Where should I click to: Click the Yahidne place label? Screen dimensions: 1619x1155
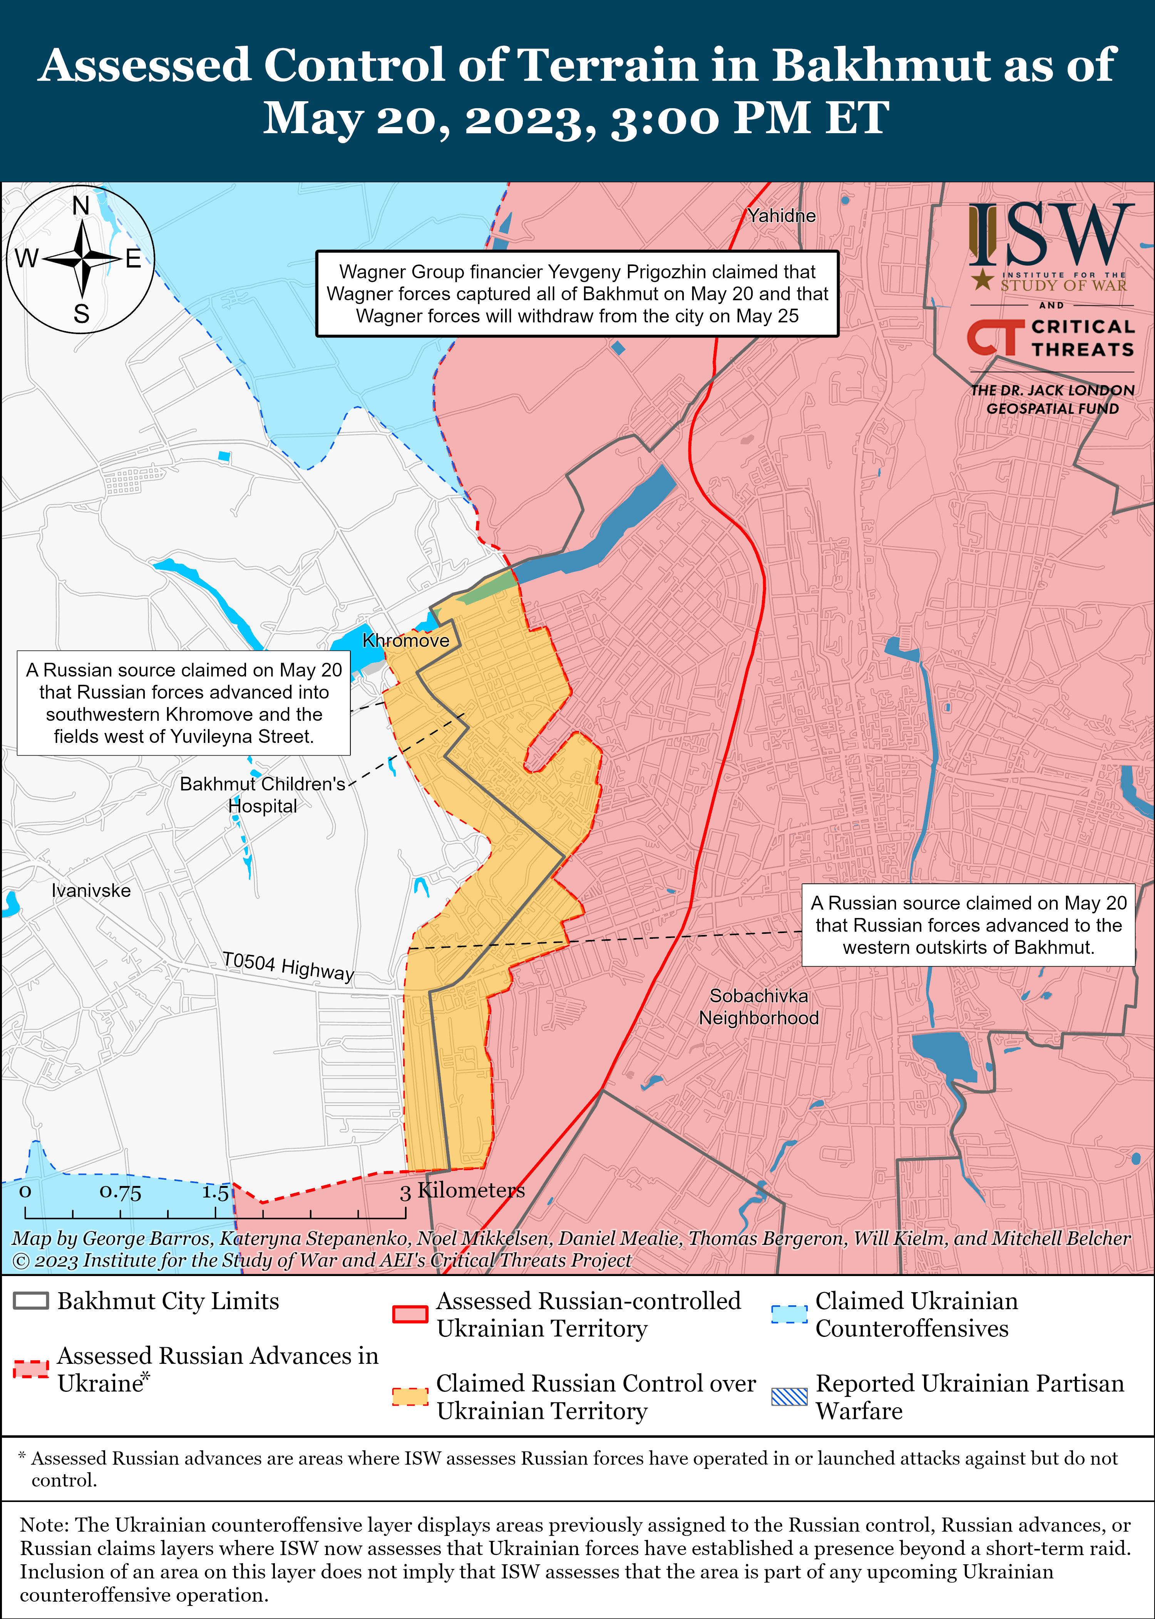pos(781,216)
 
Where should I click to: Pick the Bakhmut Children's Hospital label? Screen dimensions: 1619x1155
pos(263,794)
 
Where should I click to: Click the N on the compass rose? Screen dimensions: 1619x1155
pos(81,206)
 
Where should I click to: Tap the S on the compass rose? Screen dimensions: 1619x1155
pos(82,314)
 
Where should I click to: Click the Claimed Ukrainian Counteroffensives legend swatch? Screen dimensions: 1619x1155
pos(789,1314)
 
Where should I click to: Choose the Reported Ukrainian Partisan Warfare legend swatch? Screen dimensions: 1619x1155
pos(789,1397)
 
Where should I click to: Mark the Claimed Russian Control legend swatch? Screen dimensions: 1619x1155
pos(410,1397)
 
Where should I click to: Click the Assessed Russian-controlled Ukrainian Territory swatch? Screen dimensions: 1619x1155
pos(410,1314)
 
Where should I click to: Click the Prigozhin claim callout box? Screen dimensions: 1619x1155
pos(577,294)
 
